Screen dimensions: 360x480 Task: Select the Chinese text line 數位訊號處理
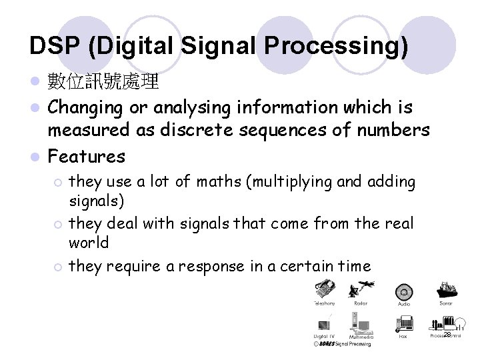click(103, 82)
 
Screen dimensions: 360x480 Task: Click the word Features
click(87, 157)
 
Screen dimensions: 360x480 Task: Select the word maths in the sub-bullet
click(217, 181)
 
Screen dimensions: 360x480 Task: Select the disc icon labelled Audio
click(403, 292)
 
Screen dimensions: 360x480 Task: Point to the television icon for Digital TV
click(325, 323)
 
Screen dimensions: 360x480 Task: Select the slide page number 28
click(447, 334)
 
